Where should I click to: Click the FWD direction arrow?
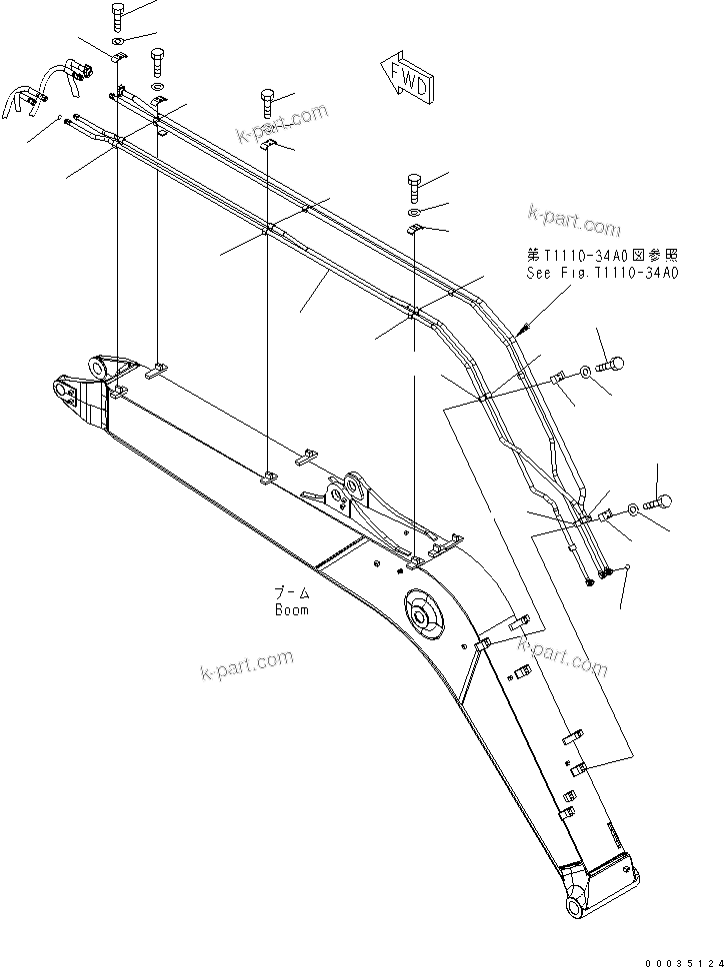click(x=406, y=78)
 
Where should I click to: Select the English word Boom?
click(x=292, y=609)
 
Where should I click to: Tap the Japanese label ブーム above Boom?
click(x=292, y=593)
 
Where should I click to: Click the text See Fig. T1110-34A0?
click(x=603, y=272)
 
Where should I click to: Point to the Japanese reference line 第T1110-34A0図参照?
click(x=603, y=256)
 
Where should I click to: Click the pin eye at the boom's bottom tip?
click(x=579, y=906)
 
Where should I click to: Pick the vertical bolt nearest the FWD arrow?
click(x=269, y=102)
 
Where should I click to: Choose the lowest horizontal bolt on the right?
click(x=661, y=499)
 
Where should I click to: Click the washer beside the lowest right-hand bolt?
click(x=635, y=510)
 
